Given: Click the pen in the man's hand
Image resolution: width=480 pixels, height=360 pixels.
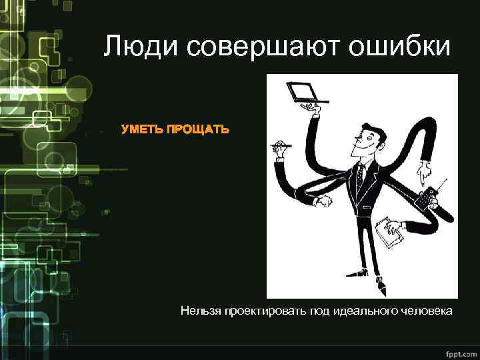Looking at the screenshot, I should click(283, 145).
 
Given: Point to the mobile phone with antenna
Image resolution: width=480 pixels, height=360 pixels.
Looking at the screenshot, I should click(425, 198).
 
